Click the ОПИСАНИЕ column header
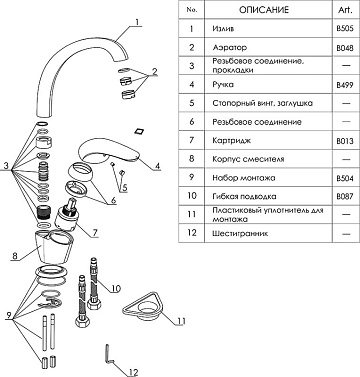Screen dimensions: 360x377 click(x=264, y=10)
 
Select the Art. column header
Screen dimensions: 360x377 click(x=345, y=10)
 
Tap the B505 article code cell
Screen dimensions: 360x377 click(x=345, y=29)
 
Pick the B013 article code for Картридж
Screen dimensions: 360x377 click(x=345, y=141)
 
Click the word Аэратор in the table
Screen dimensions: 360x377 click(x=230, y=47)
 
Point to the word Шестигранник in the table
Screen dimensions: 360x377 click(x=240, y=233)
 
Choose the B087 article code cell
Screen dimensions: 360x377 click(x=345, y=197)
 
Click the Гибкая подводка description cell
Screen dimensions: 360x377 click(x=244, y=197)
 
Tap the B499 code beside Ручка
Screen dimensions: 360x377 click(x=345, y=85)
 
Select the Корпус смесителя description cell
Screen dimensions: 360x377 click(x=248, y=159)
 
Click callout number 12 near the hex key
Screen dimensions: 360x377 click(x=133, y=372)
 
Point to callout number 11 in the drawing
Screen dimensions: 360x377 click(x=181, y=321)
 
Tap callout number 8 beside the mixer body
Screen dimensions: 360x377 click(x=15, y=256)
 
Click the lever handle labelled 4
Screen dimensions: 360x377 click(x=110, y=152)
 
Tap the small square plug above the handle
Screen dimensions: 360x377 click(x=138, y=130)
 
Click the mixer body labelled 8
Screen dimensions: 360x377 click(x=55, y=246)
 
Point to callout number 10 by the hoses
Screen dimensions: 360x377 click(x=115, y=288)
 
